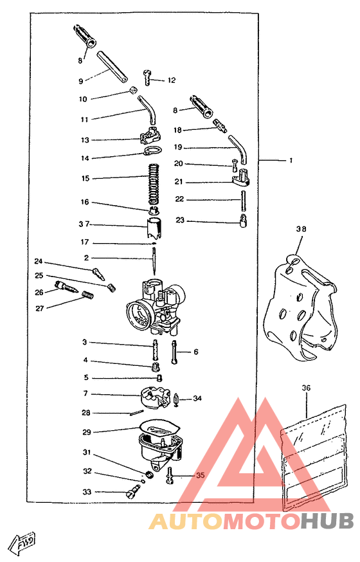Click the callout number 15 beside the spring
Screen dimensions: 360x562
pos(85,178)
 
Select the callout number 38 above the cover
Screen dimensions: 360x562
pos(301,229)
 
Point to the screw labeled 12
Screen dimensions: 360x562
pos(147,77)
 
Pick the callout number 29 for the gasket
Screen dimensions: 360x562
pos(87,432)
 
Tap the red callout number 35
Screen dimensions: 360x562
pos(200,475)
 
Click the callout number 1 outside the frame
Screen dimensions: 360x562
pos(291,160)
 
